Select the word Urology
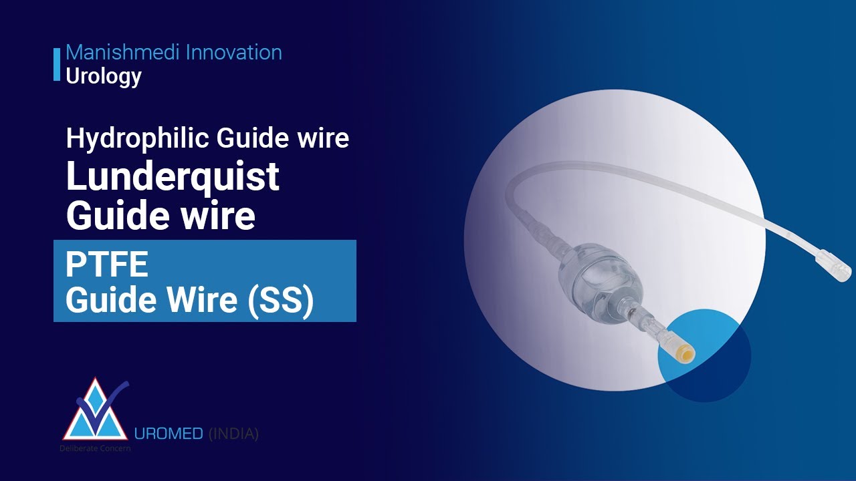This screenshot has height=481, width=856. [104, 76]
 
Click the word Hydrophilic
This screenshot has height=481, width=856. [137, 138]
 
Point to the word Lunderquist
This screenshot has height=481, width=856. [173, 177]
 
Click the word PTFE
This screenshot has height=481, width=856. [106, 265]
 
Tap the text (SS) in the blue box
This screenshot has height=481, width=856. [281, 301]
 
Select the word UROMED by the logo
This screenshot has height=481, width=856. [169, 434]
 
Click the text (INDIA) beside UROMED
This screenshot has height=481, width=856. [233, 434]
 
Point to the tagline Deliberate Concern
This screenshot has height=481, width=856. [95, 448]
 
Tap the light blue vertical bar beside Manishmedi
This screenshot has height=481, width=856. [57, 64]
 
